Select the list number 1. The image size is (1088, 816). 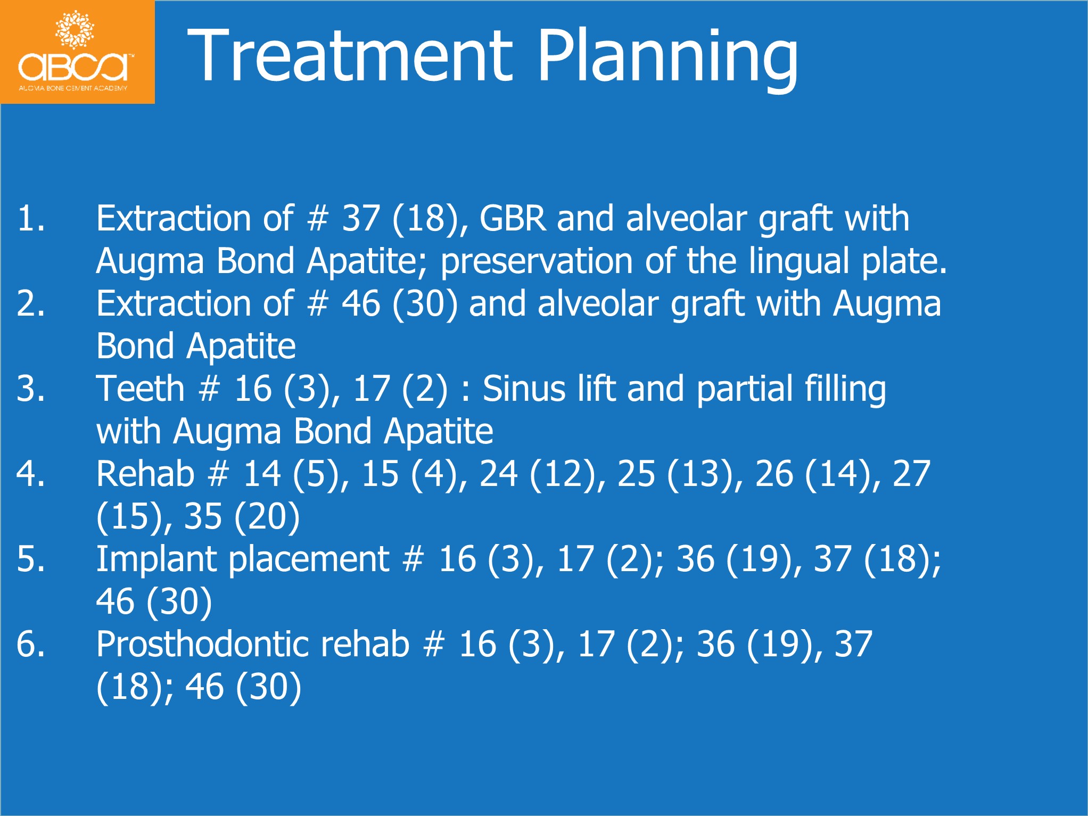tap(31, 218)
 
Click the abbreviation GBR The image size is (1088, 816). tap(513, 218)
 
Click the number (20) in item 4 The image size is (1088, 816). tap(267, 516)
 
